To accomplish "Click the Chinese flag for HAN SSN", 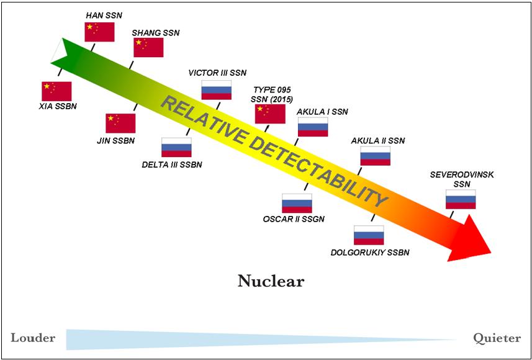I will coord(99,32).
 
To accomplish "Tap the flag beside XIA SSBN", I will coord(56,91).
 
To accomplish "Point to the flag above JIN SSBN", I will coord(120,123).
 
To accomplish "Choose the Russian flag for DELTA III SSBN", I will coord(176,147).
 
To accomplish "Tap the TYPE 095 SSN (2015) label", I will coord(271,94).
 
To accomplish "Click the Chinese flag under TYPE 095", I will coord(270,114).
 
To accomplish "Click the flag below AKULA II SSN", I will coord(376,156).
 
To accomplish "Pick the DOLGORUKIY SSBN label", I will coord(370,253).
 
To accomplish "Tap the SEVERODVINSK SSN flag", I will coord(461,199).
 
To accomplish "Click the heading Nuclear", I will coord(271,281).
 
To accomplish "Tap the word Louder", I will coord(33,338).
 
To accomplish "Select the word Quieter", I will coord(497,338).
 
